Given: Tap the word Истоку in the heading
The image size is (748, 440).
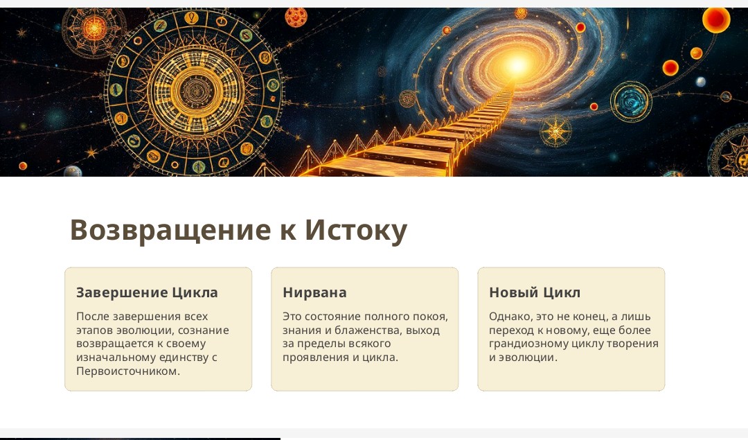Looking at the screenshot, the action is tap(356, 230).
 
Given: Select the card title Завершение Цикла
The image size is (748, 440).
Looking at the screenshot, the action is tap(147, 292).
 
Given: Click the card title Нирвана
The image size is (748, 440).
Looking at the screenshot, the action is tap(314, 292).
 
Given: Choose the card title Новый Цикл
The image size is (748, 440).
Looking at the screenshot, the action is tap(535, 292).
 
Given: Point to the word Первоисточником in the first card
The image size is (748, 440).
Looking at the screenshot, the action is tap(128, 371).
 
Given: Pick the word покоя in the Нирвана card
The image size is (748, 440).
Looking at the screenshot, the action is tap(432, 317).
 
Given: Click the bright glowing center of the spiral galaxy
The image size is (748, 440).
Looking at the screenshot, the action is tap(516, 64).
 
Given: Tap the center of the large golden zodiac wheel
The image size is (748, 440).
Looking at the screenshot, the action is tap(194, 91).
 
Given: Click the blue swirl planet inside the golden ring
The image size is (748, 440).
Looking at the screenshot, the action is tap(631, 100).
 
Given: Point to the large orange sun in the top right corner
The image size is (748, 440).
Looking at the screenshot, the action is tap(716, 19).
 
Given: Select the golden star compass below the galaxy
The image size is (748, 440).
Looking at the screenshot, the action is tap(555, 131).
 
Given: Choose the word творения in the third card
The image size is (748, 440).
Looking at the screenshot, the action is tap(631, 344).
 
